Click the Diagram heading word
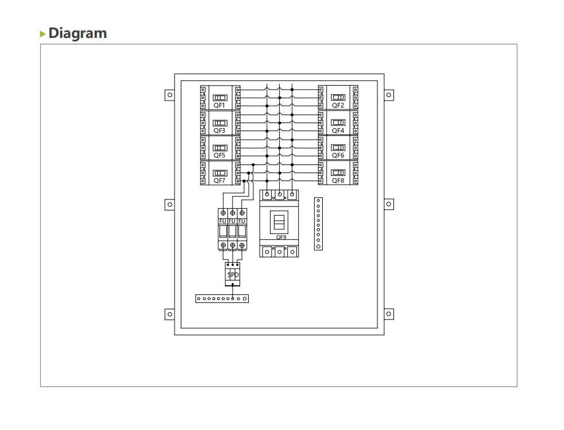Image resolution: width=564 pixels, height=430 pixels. point(78,33)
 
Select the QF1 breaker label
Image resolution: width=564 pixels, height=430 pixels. point(219,105)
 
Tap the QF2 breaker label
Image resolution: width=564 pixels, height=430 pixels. point(338,105)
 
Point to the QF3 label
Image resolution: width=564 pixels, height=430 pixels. point(219,130)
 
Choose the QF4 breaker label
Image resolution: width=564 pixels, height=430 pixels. point(338,130)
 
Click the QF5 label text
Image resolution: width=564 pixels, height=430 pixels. point(219,155)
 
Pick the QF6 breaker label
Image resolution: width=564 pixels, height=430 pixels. point(338,155)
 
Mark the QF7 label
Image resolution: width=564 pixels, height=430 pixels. point(219,181)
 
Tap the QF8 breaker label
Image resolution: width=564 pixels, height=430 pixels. point(338,181)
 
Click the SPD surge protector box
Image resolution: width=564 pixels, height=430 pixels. point(233,275)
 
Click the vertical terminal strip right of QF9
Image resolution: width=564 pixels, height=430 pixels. point(319,224)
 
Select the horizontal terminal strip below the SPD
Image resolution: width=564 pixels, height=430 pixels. point(222,299)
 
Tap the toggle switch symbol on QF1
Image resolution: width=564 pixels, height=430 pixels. point(219,98)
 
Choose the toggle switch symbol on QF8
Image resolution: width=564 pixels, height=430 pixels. point(338,172)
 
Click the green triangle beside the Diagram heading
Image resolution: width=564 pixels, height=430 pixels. point(43,34)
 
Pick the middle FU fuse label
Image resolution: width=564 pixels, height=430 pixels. point(232,221)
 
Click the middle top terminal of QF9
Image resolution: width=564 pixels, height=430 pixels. point(280,194)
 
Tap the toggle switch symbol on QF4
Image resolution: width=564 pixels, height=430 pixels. point(338,122)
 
